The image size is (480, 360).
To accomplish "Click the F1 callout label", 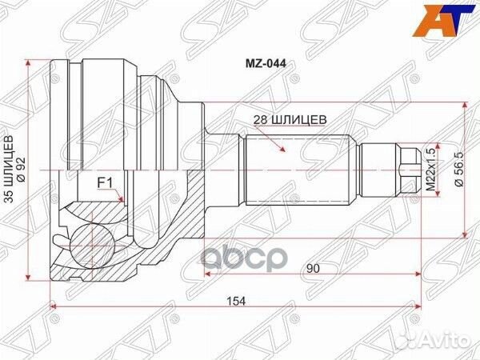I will click(x=104, y=183).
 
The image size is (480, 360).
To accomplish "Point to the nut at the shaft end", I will click(x=408, y=169).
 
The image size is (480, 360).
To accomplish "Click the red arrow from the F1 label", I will click(x=118, y=195).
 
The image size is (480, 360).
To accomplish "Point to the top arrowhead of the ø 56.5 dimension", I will click(x=464, y=106).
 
